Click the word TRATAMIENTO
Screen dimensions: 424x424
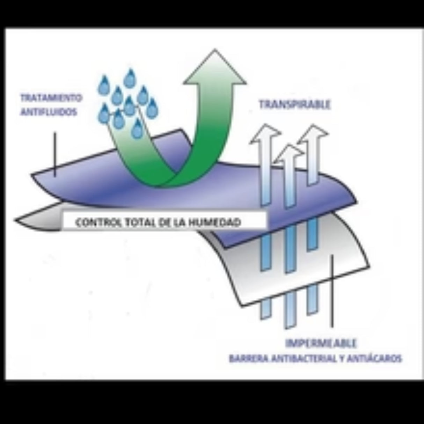pyautogui.click(x=51, y=97)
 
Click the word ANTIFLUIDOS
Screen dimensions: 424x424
pyautogui.click(x=49, y=112)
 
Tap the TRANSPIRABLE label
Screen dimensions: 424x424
pyautogui.click(x=294, y=104)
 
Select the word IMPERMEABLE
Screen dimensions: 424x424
pyautogui.click(x=321, y=343)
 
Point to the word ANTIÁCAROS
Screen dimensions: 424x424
pyautogui.click(x=374, y=359)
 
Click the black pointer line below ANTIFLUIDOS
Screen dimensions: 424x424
pyautogui.click(x=55, y=154)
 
